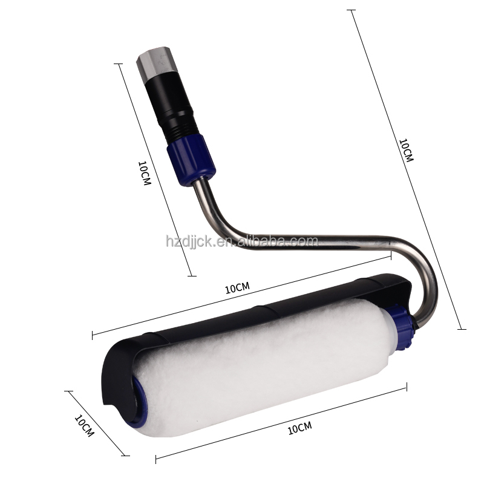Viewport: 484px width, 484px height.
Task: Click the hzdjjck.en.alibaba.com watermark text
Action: [x=241, y=241]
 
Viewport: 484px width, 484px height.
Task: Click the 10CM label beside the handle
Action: [x=144, y=173]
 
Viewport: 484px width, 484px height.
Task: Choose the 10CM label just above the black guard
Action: [x=237, y=289]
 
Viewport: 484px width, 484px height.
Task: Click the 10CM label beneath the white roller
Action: [x=299, y=429]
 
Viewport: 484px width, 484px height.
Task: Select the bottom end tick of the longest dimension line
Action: [x=462, y=329]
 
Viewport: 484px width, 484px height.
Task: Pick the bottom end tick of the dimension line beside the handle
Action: [x=192, y=276]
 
